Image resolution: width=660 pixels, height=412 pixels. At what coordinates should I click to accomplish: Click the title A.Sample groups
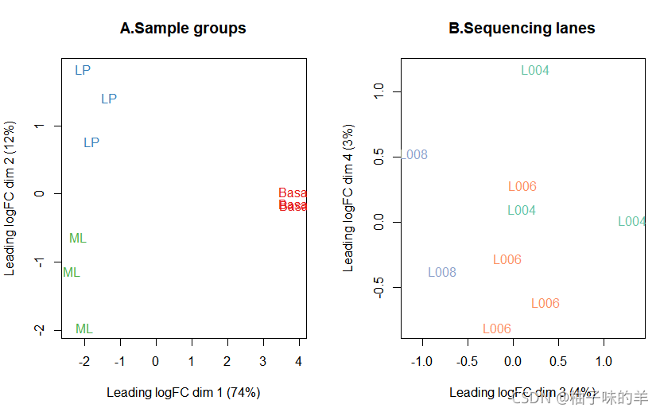click(x=183, y=29)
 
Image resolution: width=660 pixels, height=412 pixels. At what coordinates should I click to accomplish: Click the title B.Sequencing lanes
click(x=522, y=29)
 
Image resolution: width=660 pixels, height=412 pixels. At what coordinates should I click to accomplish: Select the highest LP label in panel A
click(x=83, y=71)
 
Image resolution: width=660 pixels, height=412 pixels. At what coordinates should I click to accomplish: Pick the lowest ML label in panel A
click(x=84, y=329)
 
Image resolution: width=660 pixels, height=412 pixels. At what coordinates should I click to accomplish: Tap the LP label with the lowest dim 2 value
click(x=91, y=143)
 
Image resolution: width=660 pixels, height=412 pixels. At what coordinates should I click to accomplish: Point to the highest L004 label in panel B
click(x=535, y=71)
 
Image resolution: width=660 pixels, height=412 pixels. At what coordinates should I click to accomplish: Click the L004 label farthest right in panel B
click(x=632, y=222)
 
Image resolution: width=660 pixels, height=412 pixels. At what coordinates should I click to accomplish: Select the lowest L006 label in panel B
click(x=497, y=329)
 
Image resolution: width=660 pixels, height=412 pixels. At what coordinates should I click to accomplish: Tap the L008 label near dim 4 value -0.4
click(x=442, y=273)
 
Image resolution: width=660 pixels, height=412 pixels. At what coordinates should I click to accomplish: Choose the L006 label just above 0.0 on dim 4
click(x=522, y=187)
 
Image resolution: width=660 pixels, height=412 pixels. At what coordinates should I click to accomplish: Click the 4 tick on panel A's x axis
click(x=299, y=362)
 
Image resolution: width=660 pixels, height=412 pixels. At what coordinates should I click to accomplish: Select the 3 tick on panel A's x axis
click(x=263, y=362)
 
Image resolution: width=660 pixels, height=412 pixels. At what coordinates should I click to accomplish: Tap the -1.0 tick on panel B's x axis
click(x=421, y=362)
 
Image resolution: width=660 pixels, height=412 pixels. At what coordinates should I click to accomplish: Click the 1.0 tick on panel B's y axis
click(x=379, y=91)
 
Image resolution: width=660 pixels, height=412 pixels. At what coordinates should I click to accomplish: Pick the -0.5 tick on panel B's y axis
click(x=379, y=288)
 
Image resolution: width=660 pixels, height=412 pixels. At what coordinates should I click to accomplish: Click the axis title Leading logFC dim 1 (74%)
click(x=183, y=393)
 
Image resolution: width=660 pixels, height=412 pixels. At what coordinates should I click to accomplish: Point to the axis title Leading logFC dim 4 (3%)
click(x=348, y=202)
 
